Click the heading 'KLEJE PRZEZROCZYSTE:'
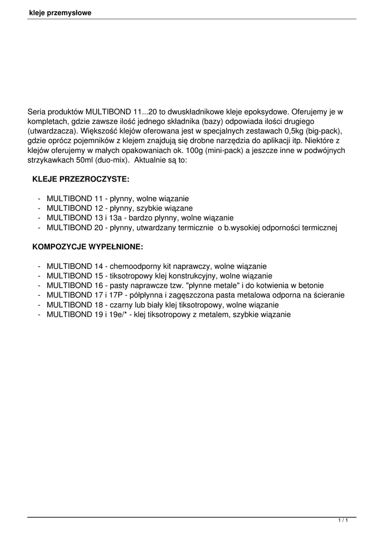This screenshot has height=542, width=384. click(81, 180)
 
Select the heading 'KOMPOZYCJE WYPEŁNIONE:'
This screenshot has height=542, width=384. click(87, 247)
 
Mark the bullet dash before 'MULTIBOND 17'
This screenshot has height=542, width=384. click(40, 295)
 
